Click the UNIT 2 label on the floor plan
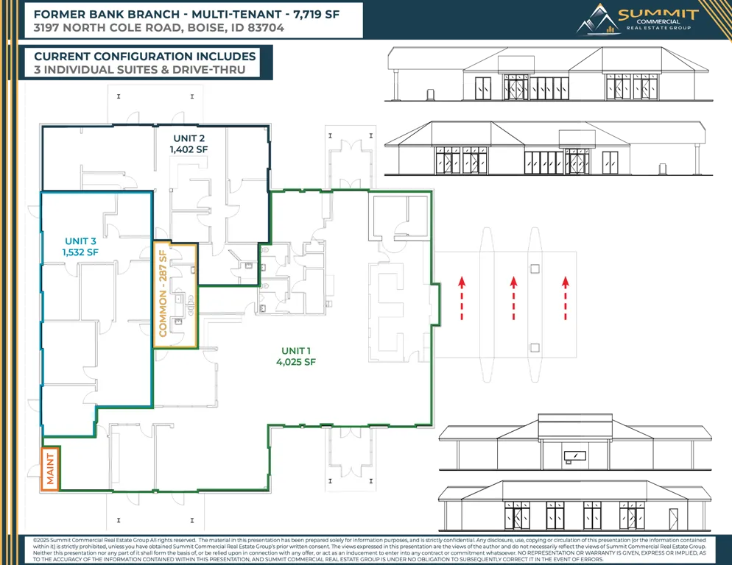pyautogui.click(x=189, y=138)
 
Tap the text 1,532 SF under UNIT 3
pyautogui.click(x=80, y=252)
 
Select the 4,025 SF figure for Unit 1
pyautogui.click(x=296, y=362)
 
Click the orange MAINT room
pyautogui.click(x=50, y=469)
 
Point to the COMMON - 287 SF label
pyautogui.click(x=163, y=294)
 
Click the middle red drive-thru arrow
pyautogui.click(x=513, y=298)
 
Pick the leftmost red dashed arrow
pyautogui.click(x=462, y=298)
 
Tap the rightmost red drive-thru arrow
pyautogui.click(x=566, y=298)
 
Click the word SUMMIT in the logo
pyautogui.click(x=658, y=14)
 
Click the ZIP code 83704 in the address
pyautogui.click(x=266, y=28)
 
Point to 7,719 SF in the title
pyautogui.click(x=316, y=15)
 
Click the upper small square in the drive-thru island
pyautogui.click(x=535, y=269)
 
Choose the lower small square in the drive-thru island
pyautogui.click(x=535, y=347)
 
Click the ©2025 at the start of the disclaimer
pyautogui.click(x=41, y=540)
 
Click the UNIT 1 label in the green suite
pyautogui.click(x=296, y=351)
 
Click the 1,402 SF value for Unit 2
pyautogui.click(x=189, y=150)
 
